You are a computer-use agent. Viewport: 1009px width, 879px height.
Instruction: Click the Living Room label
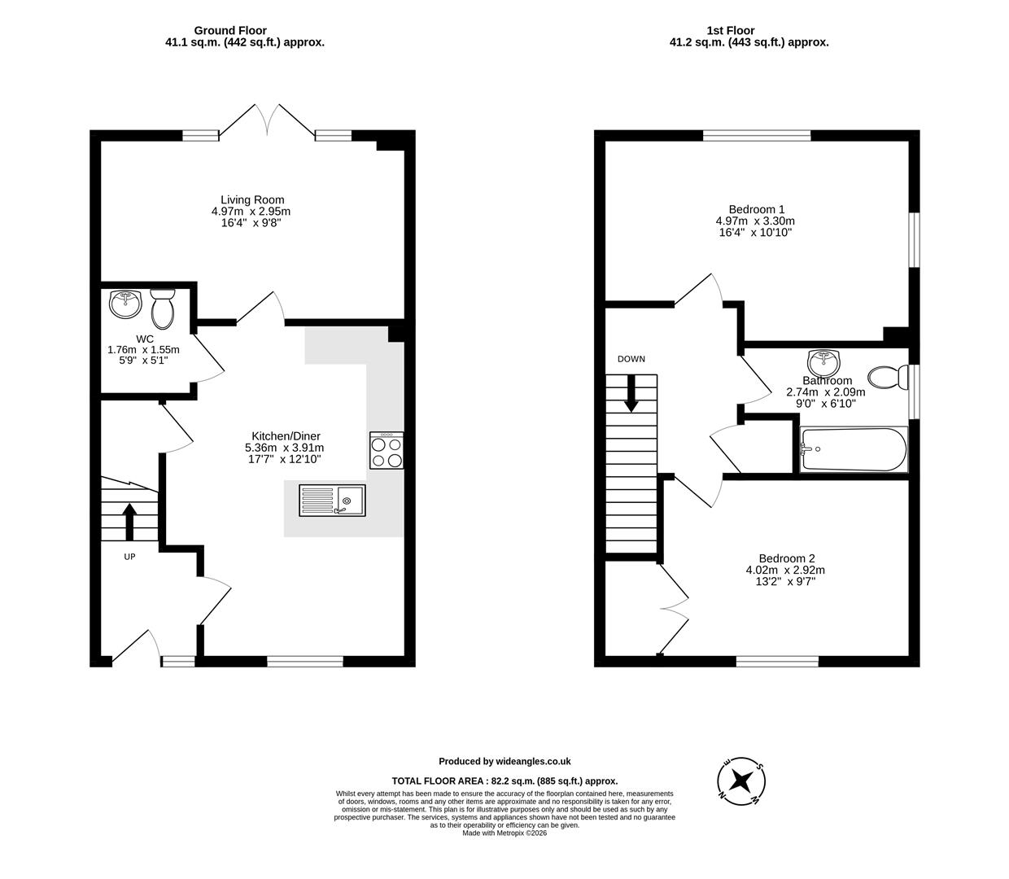252,200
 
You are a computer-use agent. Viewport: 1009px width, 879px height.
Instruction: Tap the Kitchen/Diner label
286,436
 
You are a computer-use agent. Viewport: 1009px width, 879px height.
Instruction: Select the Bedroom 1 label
756,209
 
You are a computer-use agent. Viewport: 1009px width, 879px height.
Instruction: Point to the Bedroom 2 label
786,558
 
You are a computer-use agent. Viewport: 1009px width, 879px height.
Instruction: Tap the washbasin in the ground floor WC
125,304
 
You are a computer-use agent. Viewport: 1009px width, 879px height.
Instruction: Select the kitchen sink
333,499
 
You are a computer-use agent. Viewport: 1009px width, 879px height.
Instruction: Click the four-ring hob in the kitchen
387,450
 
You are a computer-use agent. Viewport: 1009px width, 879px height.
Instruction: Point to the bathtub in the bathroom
853,448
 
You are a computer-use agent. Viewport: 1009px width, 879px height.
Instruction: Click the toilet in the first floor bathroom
888,377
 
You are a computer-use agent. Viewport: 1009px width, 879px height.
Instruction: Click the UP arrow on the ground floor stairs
129,522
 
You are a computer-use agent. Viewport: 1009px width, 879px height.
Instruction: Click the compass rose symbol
740,781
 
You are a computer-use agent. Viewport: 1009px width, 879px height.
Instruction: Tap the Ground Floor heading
230,31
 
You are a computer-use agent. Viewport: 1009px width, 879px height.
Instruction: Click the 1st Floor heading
730,31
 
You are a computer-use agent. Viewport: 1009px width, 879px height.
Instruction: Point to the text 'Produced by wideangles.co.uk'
504,762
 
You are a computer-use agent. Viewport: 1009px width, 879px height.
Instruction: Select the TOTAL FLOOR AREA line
504,780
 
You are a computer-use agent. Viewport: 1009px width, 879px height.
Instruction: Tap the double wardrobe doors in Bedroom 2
673,607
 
